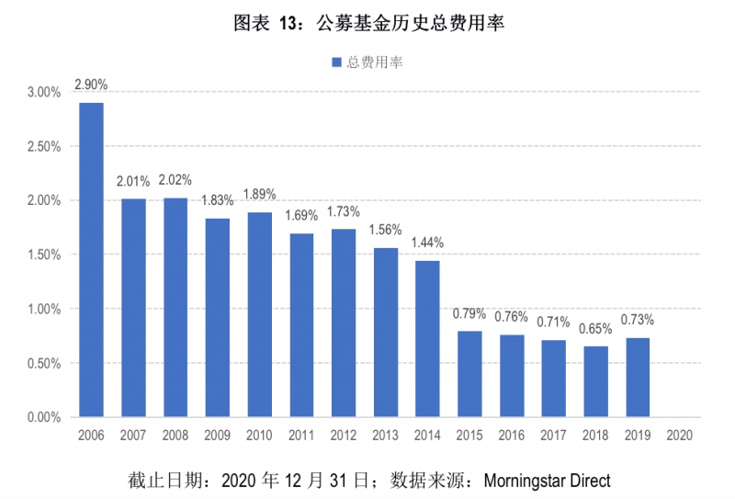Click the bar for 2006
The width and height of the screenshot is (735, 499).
(91, 260)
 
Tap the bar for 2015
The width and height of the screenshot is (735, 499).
(469, 374)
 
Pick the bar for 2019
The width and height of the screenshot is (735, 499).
(638, 378)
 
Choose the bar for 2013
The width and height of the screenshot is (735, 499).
(386, 333)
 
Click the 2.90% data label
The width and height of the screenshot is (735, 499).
(91, 85)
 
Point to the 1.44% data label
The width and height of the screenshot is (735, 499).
(427, 243)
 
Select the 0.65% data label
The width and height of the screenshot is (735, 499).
(595, 328)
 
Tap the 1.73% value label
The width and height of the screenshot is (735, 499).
(344, 211)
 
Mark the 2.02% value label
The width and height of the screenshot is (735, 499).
(175, 180)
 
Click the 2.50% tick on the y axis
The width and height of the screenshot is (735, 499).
(44, 147)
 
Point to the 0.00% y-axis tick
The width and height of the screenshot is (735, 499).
(44, 418)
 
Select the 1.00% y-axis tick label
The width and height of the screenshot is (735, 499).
(44, 310)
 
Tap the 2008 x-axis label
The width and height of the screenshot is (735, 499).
(175, 436)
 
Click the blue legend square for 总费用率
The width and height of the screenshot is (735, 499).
(336, 62)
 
